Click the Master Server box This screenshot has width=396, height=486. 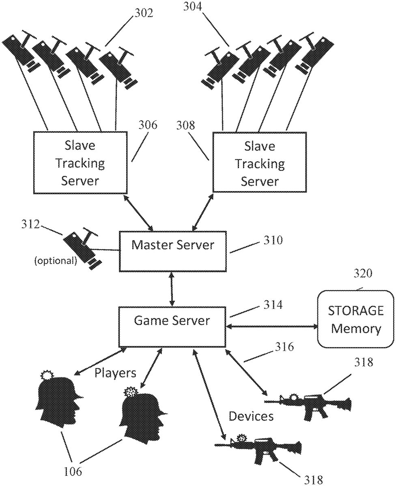click(172, 251)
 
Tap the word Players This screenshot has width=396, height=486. click(115, 373)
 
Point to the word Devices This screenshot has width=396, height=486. click(251, 416)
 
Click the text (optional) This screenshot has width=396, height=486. click(55, 261)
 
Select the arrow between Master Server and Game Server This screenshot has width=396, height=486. click(172, 289)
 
